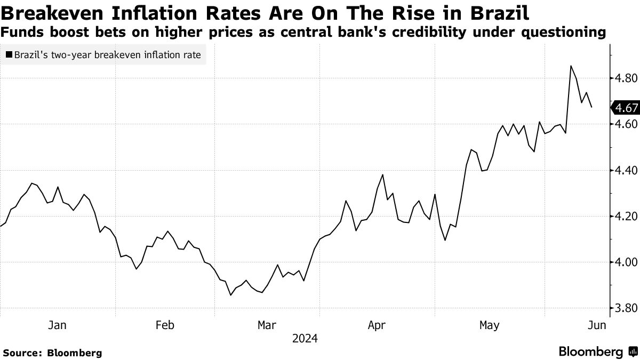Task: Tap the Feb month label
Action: point(165,325)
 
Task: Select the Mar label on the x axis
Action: point(267,325)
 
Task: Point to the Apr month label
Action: point(377,325)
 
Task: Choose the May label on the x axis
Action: point(490,325)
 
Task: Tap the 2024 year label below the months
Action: point(305,339)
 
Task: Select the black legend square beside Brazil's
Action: point(9,54)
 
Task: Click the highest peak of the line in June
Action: point(571,66)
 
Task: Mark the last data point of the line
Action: point(591,107)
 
